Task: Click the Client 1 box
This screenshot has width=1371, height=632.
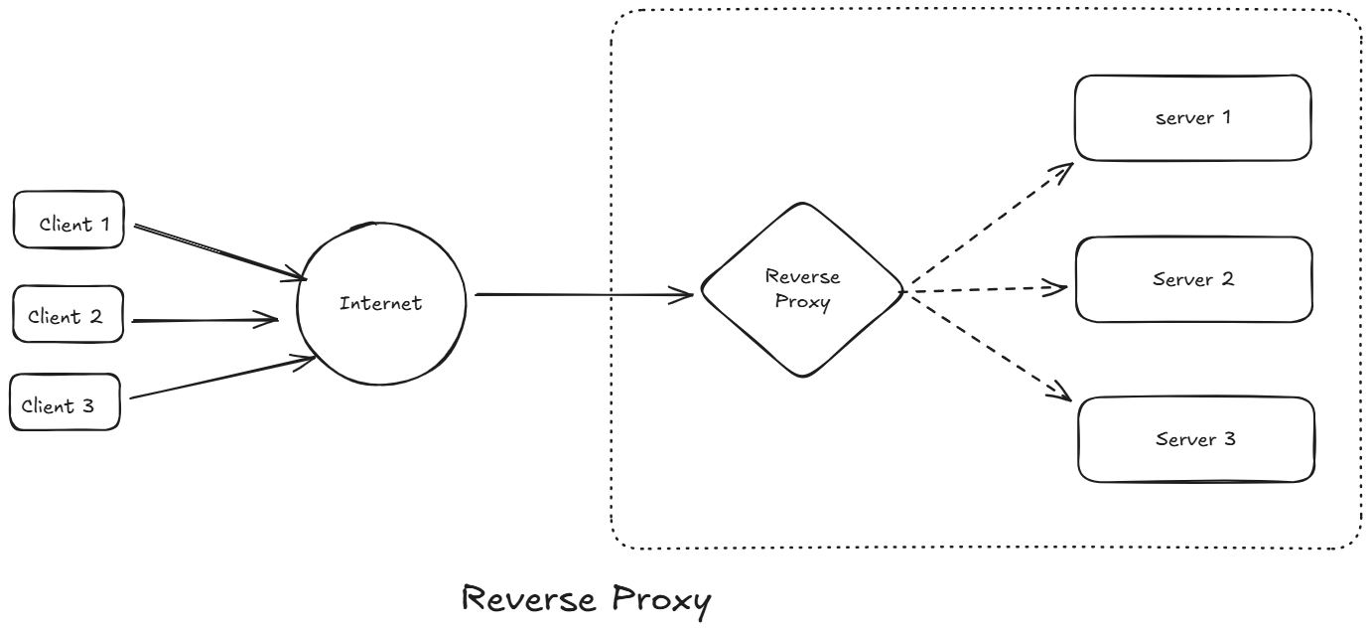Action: click(x=69, y=220)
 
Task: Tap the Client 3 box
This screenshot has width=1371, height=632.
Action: click(x=65, y=401)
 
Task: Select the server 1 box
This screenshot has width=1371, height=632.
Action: click(x=1192, y=117)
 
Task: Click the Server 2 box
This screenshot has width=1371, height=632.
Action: click(x=1193, y=279)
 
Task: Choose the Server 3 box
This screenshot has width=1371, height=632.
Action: click(x=1196, y=439)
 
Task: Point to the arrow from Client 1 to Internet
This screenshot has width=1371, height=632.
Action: click(x=218, y=250)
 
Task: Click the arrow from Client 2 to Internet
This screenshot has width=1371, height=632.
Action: click(x=204, y=321)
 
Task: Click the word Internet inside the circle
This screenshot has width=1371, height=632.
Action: click(x=381, y=303)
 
